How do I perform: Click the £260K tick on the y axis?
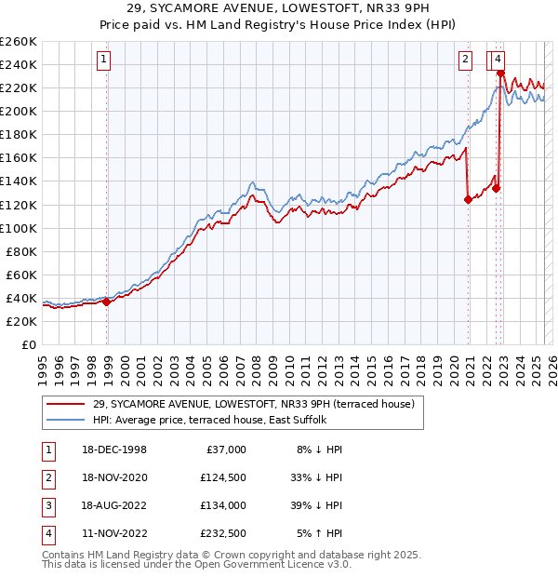click(x=19, y=42)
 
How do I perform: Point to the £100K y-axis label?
click(x=19, y=228)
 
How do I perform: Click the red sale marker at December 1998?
click(x=107, y=301)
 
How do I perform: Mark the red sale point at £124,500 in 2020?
click(x=468, y=198)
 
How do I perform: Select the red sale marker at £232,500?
click(x=500, y=73)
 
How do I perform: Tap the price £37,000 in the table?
click(x=226, y=450)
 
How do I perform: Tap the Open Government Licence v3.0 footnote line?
click(x=197, y=565)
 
